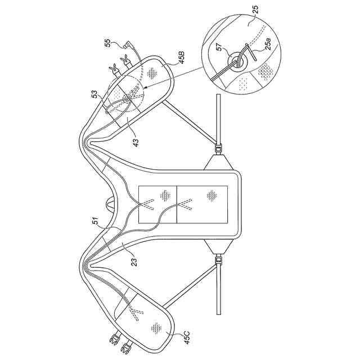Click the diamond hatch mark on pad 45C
point(154,327)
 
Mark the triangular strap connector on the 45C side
point(218,245)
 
